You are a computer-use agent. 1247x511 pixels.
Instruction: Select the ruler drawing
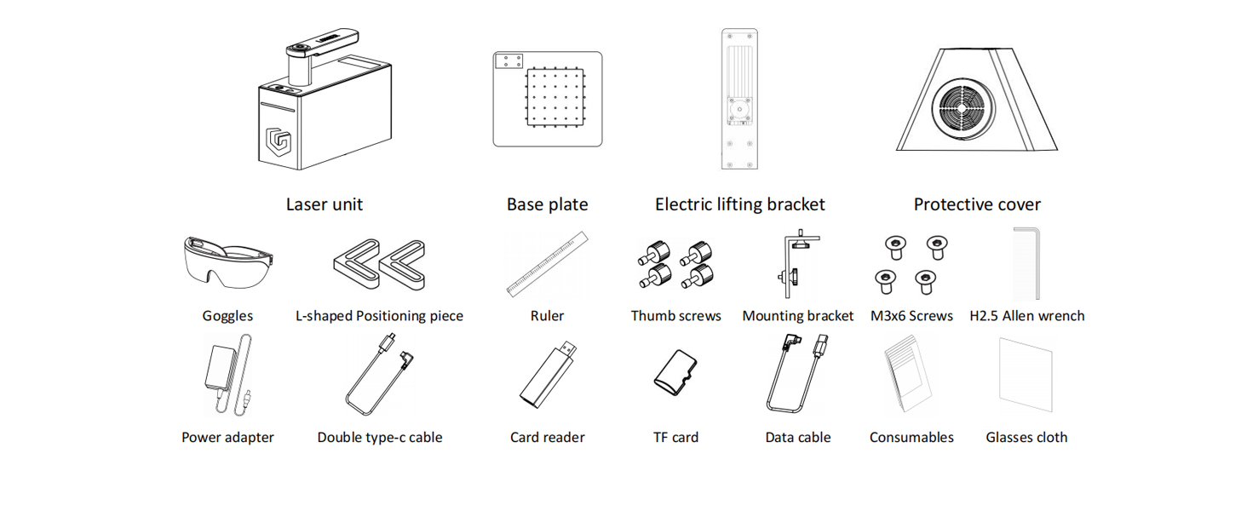[x=548, y=263]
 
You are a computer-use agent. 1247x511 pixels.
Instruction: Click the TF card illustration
[x=675, y=372]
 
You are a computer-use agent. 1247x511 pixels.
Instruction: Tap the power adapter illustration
[x=223, y=373]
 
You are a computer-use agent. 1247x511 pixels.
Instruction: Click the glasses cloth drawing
[x=1026, y=375]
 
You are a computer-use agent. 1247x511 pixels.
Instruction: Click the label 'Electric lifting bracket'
[x=739, y=204]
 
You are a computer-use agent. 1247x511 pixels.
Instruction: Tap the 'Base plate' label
[x=547, y=204]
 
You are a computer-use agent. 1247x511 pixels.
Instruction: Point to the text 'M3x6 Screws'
[x=911, y=316]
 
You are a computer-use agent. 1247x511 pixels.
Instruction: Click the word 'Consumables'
[x=911, y=438]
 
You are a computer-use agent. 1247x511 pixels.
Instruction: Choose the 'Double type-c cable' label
[x=380, y=438]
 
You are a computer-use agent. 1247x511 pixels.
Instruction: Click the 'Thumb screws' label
[x=675, y=316]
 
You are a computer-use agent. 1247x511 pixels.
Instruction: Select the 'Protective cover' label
[x=977, y=204]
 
